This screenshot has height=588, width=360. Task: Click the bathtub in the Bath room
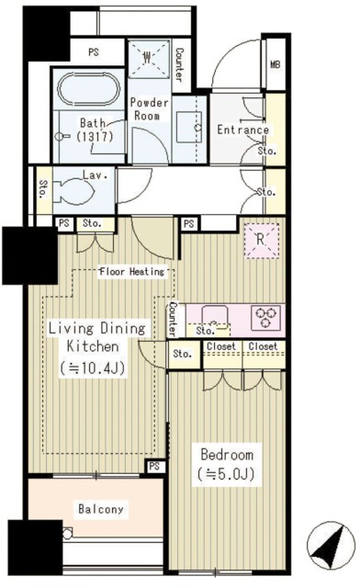[x=91, y=89]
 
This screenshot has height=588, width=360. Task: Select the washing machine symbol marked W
[x=148, y=58]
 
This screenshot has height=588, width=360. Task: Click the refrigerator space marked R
[x=262, y=241]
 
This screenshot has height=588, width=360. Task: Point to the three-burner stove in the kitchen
[x=265, y=318]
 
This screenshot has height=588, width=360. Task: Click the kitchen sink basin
[x=215, y=318]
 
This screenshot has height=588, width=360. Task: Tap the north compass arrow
[x=331, y=545]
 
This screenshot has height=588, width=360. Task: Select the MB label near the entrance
[x=276, y=64]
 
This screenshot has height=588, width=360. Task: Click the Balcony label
[x=100, y=509]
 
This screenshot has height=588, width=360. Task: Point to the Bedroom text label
[x=227, y=455]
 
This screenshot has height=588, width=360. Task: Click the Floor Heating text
[x=132, y=271]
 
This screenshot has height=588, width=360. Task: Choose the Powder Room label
[x=149, y=108]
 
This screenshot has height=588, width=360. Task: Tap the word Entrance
[x=243, y=130]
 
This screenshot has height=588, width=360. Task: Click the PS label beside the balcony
[x=154, y=466]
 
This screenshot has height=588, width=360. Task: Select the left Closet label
[x=221, y=346]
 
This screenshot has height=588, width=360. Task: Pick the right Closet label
[x=263, y=346]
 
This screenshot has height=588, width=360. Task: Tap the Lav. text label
[x=96, y=175]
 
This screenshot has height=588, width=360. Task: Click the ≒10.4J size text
[x=92, y=368]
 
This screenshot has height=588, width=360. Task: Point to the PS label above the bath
[x=94, y=51]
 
